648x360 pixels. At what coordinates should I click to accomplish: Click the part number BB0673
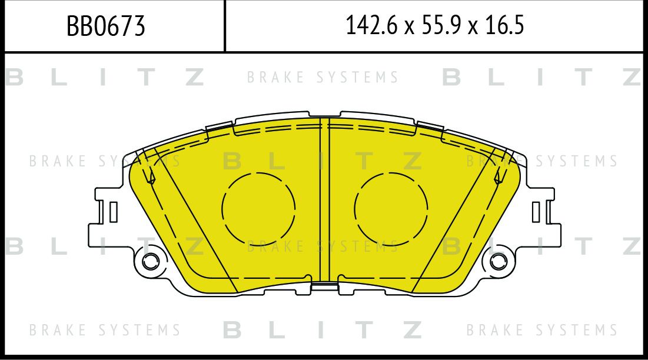[105, 26]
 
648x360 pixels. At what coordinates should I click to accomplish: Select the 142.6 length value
[368, 26]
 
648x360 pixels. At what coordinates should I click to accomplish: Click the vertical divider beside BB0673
[225, 26]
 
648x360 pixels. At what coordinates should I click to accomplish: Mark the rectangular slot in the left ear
[112, 212]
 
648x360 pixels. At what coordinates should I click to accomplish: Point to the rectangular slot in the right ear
[536, 212]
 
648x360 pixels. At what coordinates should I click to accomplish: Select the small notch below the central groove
[324, 286]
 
